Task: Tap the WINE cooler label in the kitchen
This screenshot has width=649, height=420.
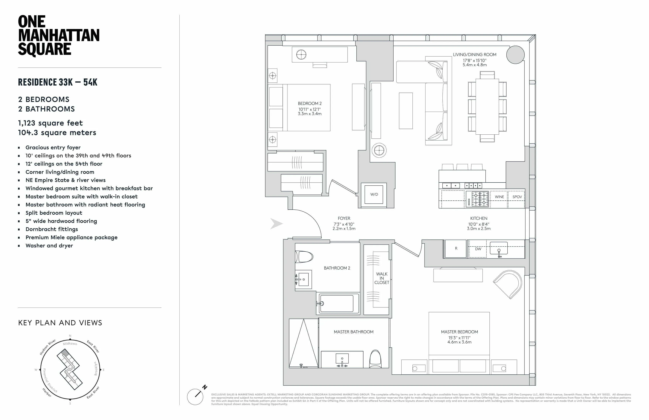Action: pyautogui.click(x=499, y=197)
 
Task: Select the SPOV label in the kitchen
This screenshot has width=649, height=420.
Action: pyautogui.click(x=517, y=197)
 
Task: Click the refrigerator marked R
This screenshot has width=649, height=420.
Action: pyautogui.click(x=456, y=248)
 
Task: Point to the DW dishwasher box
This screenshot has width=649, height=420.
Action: pyautogui.click(x=478, y=249)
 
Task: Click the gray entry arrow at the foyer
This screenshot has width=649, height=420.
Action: pyautogui.click(x=276, y=224)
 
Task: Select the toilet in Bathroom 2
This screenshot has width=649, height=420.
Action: pyautogui.click(x=304, y=257)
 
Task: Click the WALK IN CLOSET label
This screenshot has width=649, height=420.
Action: pyautogui.click(x=382, y=278)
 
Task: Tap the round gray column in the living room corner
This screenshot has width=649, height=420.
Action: pyautogui.click(x=515, y=55)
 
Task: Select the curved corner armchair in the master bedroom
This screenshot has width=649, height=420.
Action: pyautogui.click(x=509, y=284)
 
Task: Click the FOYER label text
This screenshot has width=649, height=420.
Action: pyautogui.click(x=344, y=218)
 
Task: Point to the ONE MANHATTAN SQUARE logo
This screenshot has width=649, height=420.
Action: pyautogui.click(x=58, y=36)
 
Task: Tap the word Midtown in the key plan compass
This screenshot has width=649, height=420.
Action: pyautogui.click(x=70, y=344)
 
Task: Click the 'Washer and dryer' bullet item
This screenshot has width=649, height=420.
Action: pyautogui.click(x=49, y=246)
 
